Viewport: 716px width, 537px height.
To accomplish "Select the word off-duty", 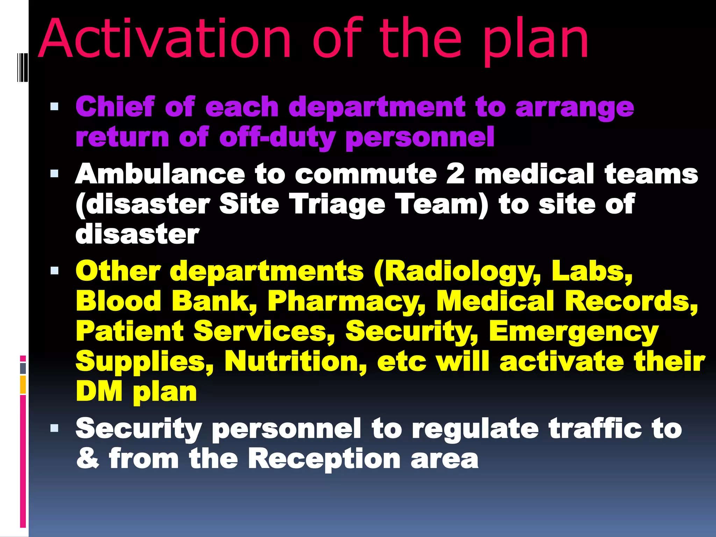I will click(x=278, y=137).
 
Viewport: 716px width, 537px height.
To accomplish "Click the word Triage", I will click(x=338, y=204).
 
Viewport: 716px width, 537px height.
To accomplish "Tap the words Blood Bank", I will click(x=166, y=301).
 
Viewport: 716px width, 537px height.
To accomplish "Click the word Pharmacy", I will click(x=346, y=301).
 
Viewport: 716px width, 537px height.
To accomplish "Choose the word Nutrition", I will click(x=295, y=361).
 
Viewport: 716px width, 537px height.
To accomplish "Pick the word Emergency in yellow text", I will click(x=573, y=332).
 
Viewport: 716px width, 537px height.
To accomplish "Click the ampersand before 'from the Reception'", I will click(x=88, y=458).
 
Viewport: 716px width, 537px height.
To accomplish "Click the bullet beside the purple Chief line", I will click(x=54, y=106).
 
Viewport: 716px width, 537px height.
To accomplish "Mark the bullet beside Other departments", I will click(x=54, y=271).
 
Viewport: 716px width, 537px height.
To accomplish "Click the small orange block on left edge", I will click(x=23, y=384).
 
